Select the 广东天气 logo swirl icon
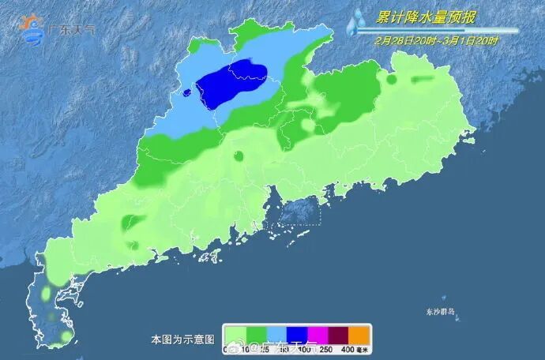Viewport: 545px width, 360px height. pos(32,29)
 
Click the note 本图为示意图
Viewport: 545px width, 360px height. pos(182,339)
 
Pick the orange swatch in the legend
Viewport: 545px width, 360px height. pos(359,333)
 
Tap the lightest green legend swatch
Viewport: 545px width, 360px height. pos(235,333)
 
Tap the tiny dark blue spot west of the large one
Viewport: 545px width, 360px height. pos(186,92)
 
